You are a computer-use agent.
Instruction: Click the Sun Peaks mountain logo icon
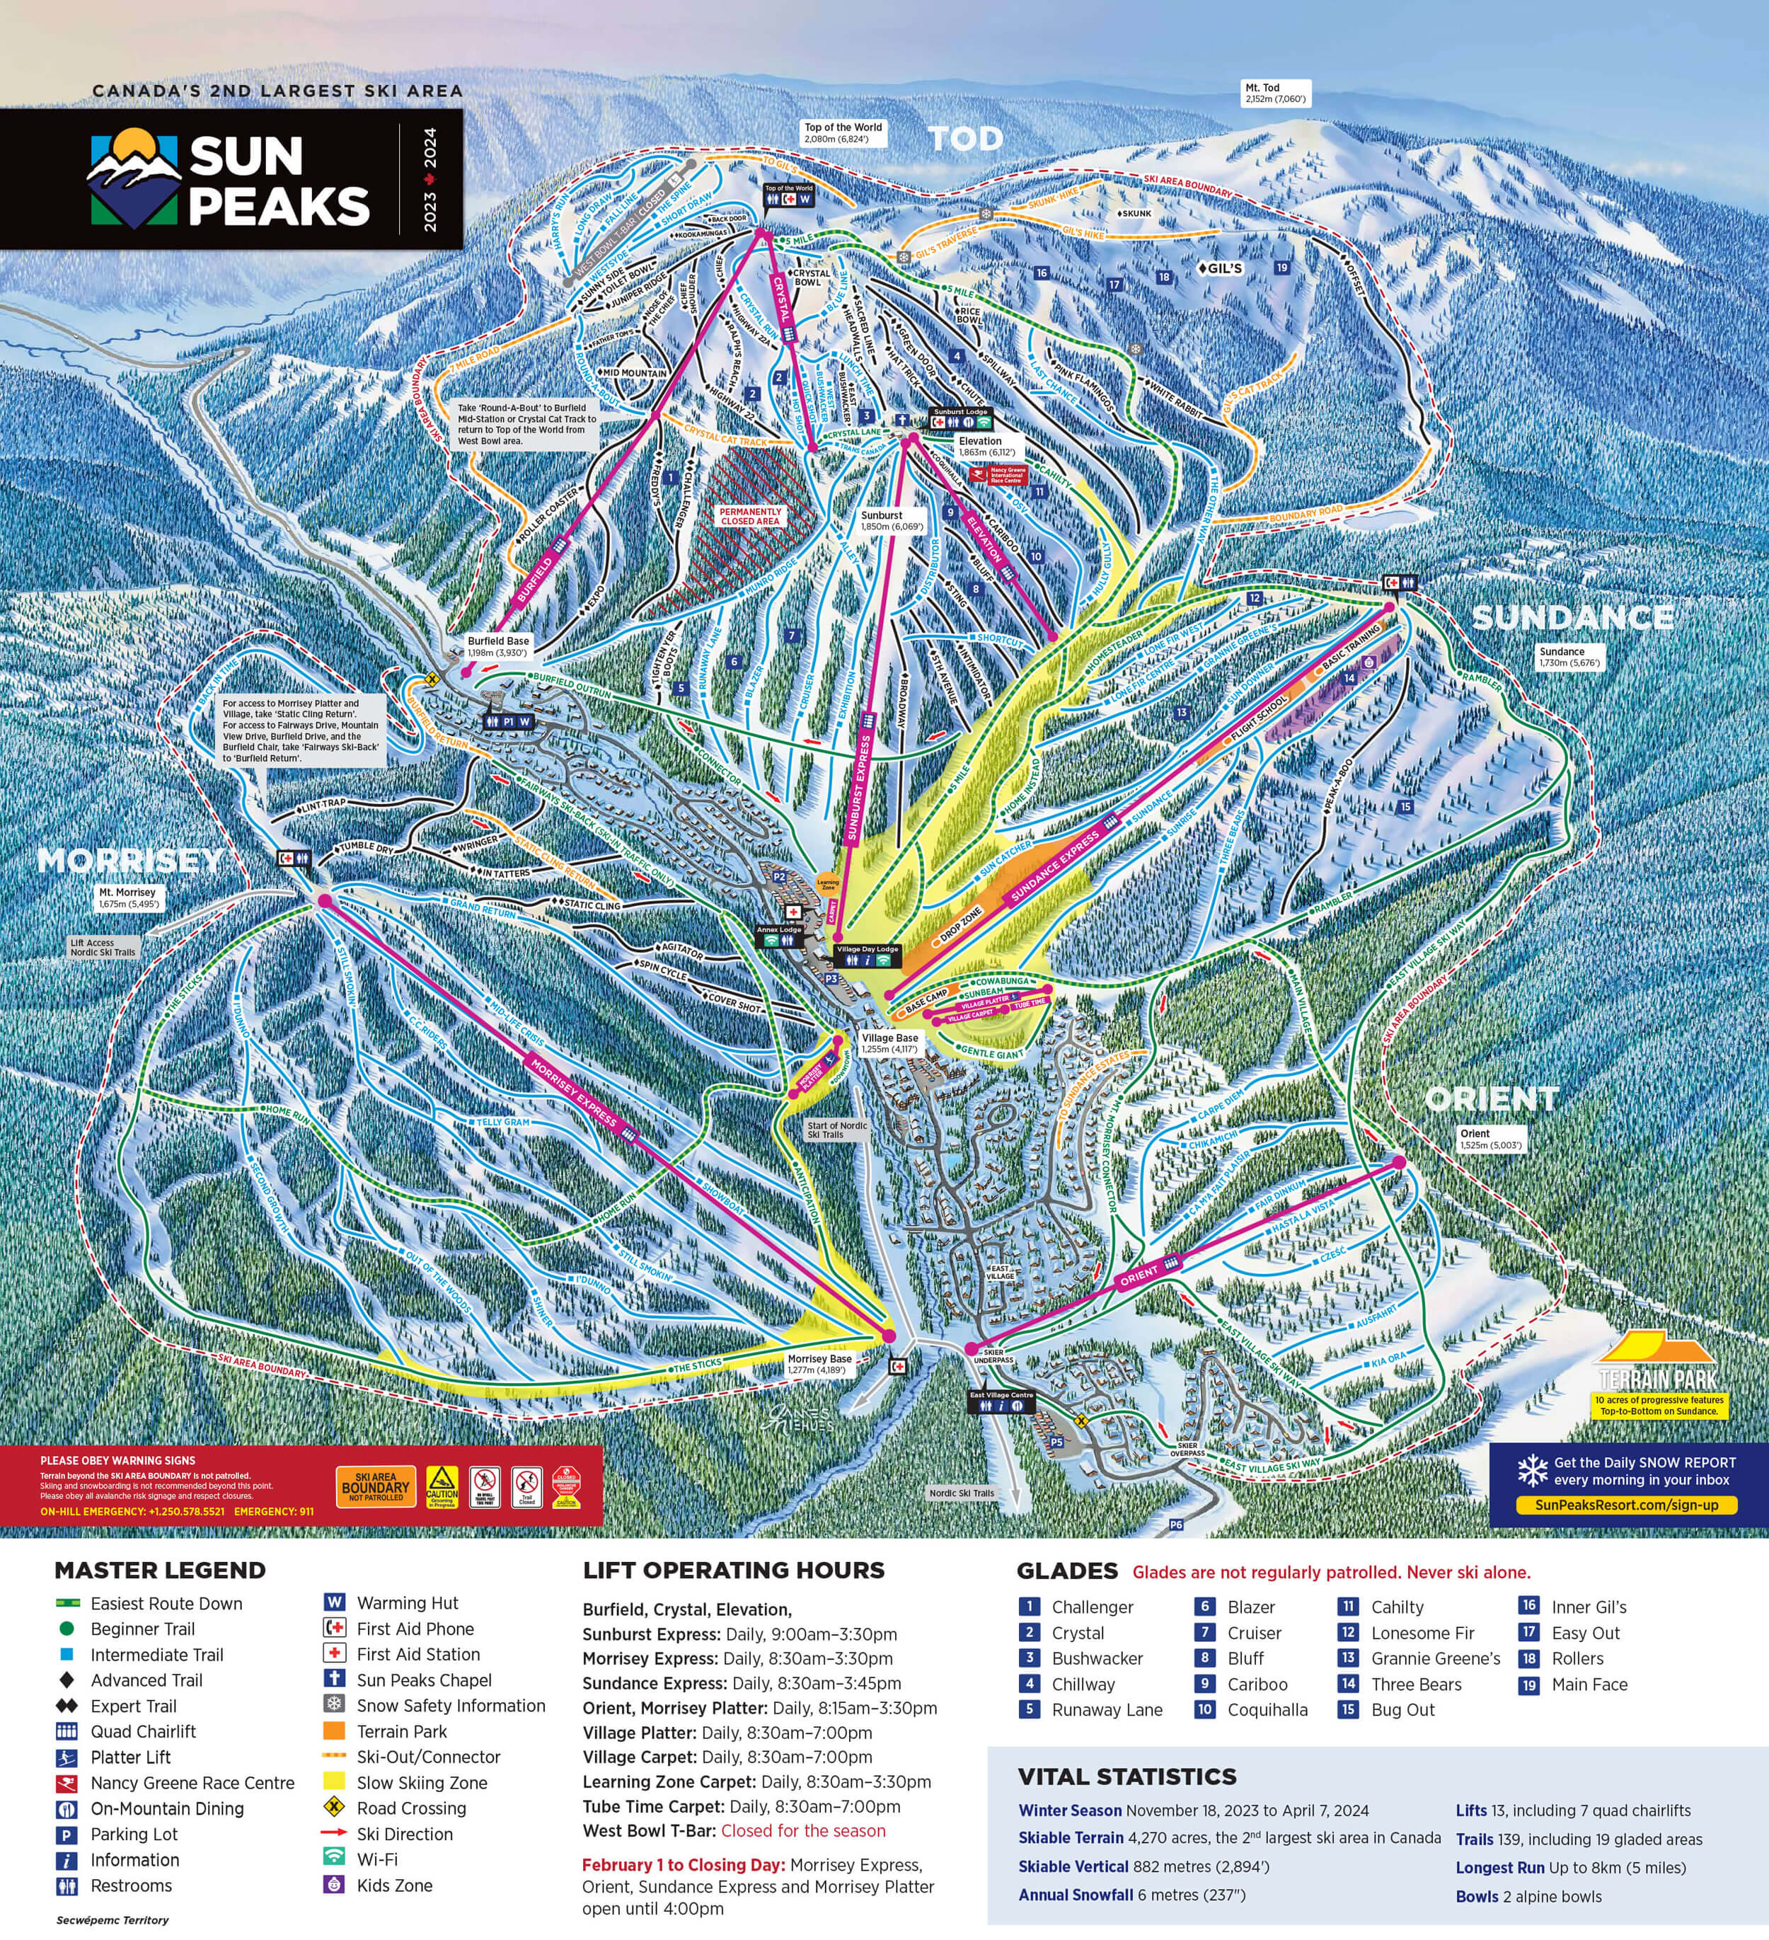(134, 179)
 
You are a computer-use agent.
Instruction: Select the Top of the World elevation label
(843, 133)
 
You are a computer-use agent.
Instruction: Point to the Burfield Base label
(498, 645)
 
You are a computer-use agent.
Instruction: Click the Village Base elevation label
(889, 1043)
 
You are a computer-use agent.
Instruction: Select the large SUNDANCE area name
(1573, 617)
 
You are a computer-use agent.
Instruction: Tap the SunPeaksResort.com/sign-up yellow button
(1627, 1505)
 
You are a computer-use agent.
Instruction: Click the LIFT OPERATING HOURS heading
(733, 1571)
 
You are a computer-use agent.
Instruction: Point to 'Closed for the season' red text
(803, 1830)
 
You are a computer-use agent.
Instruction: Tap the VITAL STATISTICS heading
(1126, 1777)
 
